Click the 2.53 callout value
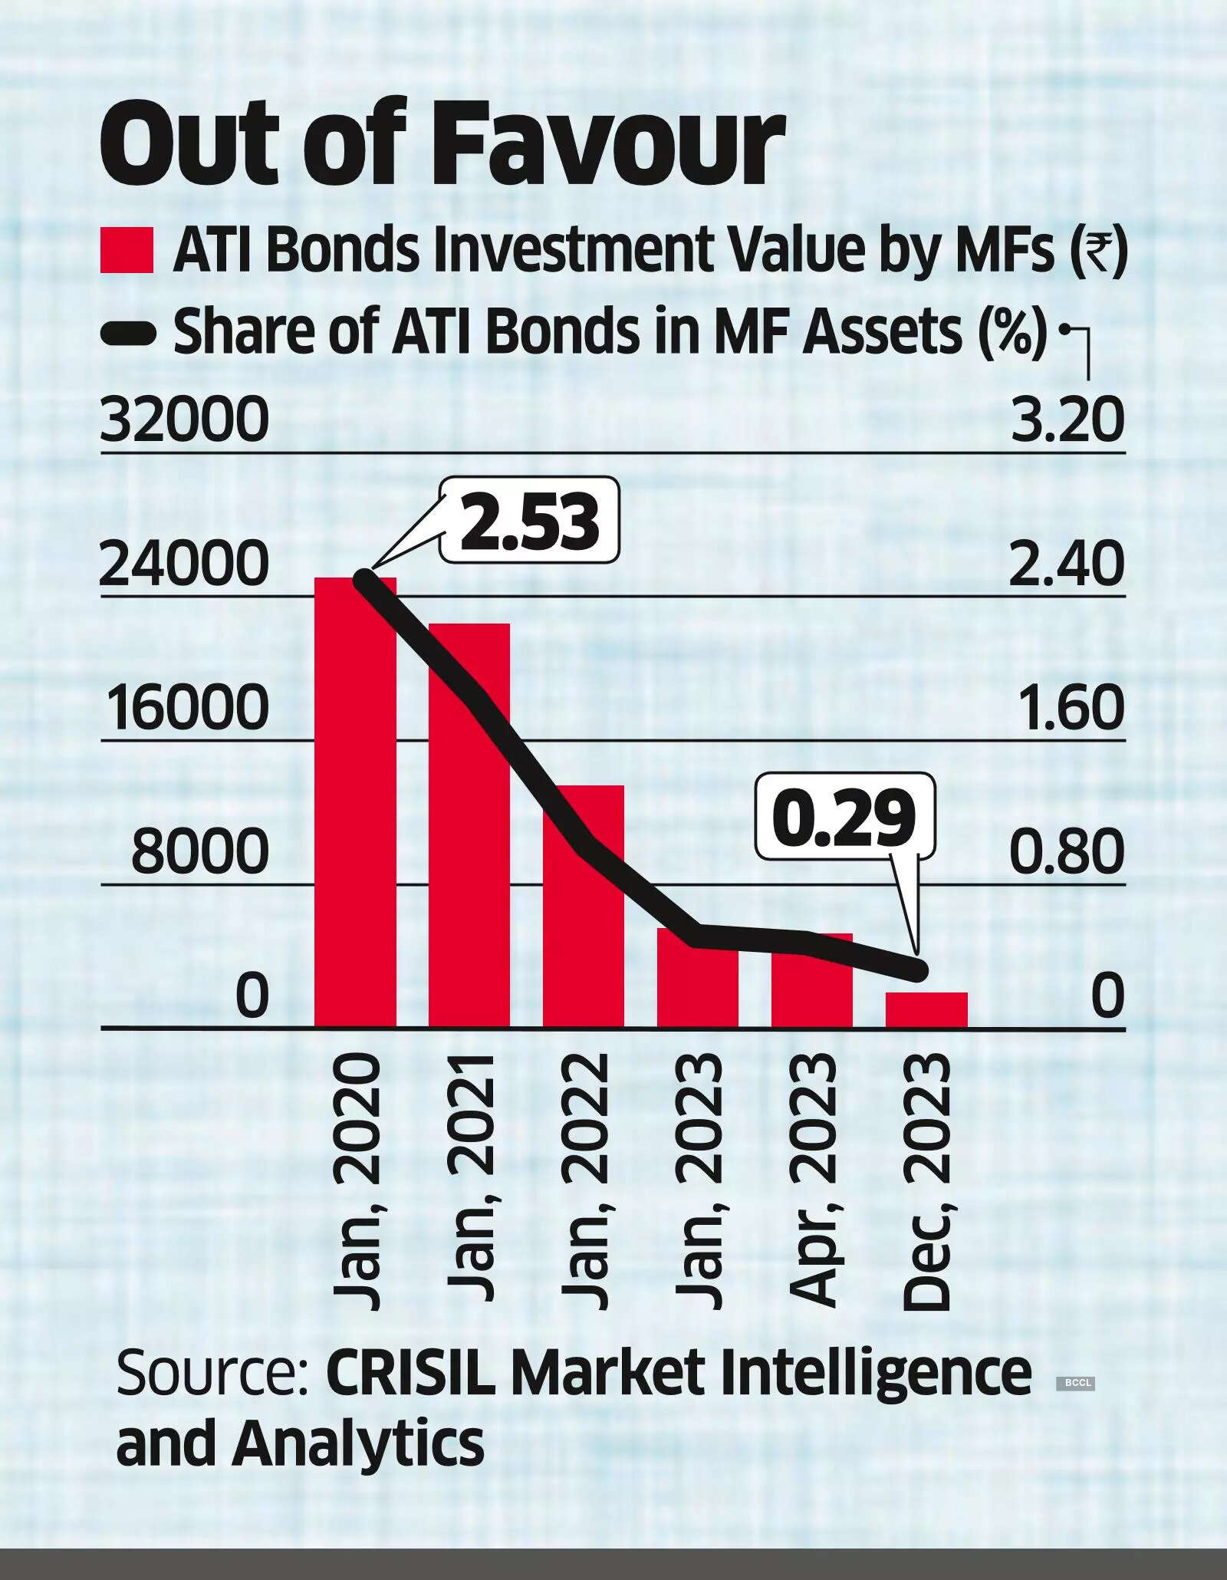(529, 521)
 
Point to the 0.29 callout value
(846, 817)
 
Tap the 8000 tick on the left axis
(200, 851)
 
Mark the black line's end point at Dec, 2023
(917, 970)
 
